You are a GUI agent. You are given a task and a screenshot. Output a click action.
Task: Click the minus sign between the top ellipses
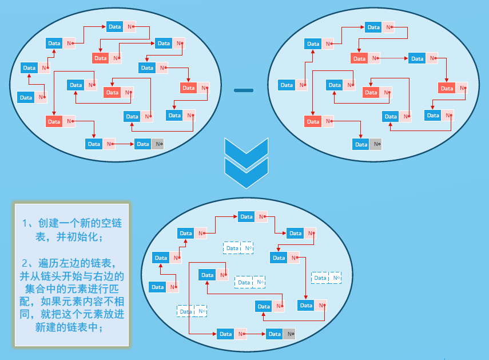[x=243, y=90]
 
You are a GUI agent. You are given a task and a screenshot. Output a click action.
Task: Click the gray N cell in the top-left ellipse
[x=158, y=144]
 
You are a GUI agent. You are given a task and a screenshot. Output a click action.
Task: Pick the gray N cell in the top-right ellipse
[x=376, y=144]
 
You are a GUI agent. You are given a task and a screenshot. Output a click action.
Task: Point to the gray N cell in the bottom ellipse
[x=289, y=334]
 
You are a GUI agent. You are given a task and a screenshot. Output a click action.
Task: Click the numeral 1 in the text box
[x=25, y=223]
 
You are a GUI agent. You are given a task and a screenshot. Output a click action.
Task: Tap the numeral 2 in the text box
[x=25, y=264]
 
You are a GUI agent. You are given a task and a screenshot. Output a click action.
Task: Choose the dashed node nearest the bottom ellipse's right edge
[x=326, y=278]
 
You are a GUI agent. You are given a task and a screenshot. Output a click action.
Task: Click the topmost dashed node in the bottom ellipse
[x=238, y=248]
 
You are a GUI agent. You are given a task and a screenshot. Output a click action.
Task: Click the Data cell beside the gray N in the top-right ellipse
[x=361, y=144]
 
